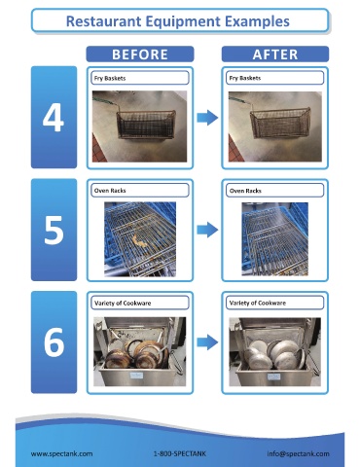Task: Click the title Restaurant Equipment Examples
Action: tap(178, 21)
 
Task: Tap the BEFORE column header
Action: tap(140, 54)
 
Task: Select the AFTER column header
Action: tap(275, 54)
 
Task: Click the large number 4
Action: tap(54, 118)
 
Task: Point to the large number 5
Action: tap(54, 230)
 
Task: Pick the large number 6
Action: tap(54, 342)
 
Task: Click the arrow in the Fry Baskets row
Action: tap(207, 118)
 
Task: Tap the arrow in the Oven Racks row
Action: tap(207, 230)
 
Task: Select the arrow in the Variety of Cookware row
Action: tap(207, 342)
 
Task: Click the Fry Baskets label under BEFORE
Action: tap(110, 78)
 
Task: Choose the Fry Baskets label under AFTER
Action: tap(245, 78)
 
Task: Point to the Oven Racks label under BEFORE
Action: tap(110, 191)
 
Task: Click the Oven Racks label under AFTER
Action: tap(245, 191)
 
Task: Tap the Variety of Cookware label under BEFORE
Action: tap(123, 304)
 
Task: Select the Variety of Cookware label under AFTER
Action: tap(258, 304)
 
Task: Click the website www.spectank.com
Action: tap(61, 453)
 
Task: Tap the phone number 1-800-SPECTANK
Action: tap(180, 453)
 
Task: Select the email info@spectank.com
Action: tap(298, 453)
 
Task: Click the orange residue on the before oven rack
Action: tap(140, 240)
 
